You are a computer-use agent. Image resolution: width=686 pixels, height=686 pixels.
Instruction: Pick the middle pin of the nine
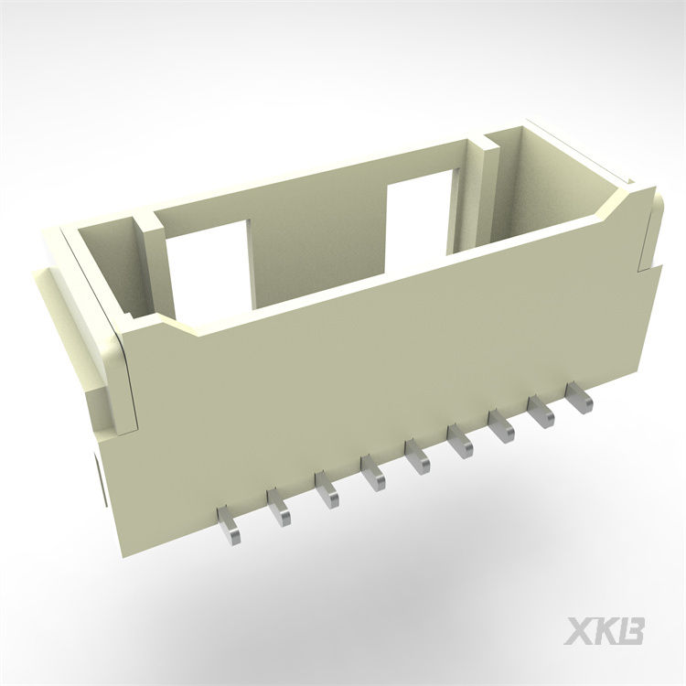(418, 458)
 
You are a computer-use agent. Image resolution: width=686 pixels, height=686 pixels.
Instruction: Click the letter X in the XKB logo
(582, 631)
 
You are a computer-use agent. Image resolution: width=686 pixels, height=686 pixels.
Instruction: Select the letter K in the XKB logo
(607, 631)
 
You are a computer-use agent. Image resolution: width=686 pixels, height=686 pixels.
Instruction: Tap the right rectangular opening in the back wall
(419, 220)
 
